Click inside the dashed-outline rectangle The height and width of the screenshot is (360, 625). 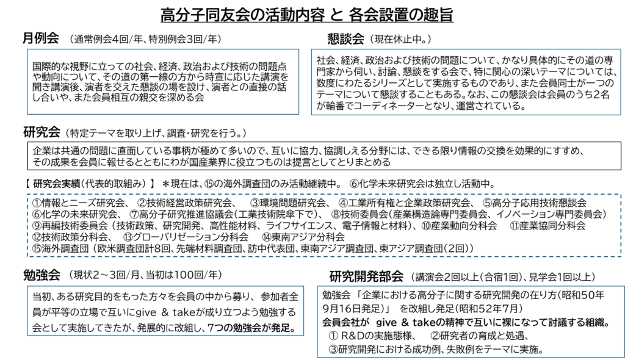[324, 225]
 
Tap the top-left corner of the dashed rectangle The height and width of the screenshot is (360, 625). [28, 195]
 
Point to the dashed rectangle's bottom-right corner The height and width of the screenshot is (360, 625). [621, 256]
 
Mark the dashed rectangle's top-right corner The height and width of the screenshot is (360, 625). [621, 195]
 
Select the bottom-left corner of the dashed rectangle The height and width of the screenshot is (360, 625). [28, 256]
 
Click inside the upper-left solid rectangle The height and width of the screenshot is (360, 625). [163, 82]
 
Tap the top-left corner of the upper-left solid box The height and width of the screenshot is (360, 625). [27, 49]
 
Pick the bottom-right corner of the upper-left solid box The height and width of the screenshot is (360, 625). [298, 114]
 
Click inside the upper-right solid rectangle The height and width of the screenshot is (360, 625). [466, 82]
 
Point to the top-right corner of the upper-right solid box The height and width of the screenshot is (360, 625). [620, 49]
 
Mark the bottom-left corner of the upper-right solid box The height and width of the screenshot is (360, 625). [312, 115]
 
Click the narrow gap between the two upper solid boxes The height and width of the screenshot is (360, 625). [305, 82]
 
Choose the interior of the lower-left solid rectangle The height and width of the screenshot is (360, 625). [165, 311]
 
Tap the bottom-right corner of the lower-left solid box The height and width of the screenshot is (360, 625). [303, 335]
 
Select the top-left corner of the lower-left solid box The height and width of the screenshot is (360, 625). [27, 286]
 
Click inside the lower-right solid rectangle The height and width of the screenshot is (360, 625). [471, 322]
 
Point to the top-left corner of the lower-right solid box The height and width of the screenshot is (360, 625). [317, 286]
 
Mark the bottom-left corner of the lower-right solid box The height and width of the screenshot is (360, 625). [317, 357]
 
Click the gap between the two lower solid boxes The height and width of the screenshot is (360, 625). [311, 311]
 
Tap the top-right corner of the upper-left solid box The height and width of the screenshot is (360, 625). [298, 49]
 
